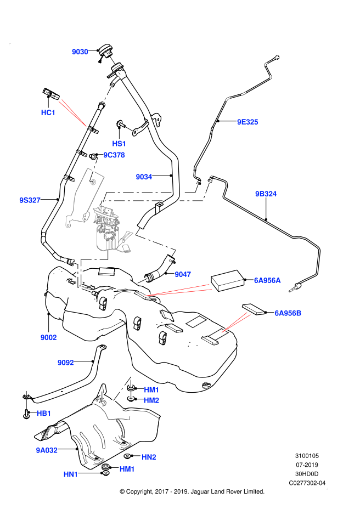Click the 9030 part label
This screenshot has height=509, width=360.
coord(80,52)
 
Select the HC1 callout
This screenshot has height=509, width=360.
coord(48,112)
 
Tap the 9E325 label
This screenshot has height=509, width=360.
coord(248,122)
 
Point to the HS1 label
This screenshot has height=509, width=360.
coord(119,144)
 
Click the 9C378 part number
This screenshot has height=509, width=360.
coord(114,155)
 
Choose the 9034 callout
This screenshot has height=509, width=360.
coord(144,177)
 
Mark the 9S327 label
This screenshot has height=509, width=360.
coord(30,200)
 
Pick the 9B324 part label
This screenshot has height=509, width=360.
coord(266,194)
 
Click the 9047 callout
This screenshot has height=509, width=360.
coord(183,274)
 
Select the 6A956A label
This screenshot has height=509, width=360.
coord(267,280)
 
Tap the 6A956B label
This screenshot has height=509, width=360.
coord(288,313)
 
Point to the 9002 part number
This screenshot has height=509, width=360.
coord(48,337)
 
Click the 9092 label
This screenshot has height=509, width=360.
coord(66,363)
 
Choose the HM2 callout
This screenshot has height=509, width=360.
coord(151,400)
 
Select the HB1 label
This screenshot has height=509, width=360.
coord(44,413)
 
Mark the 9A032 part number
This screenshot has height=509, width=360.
coord(47,450)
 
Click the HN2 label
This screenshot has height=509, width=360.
coord(149,457)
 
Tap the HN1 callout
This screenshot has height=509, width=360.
coord(71,474)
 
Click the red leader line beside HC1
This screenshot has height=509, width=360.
coord(73,114)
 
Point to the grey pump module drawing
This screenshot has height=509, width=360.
coord(108,230)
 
